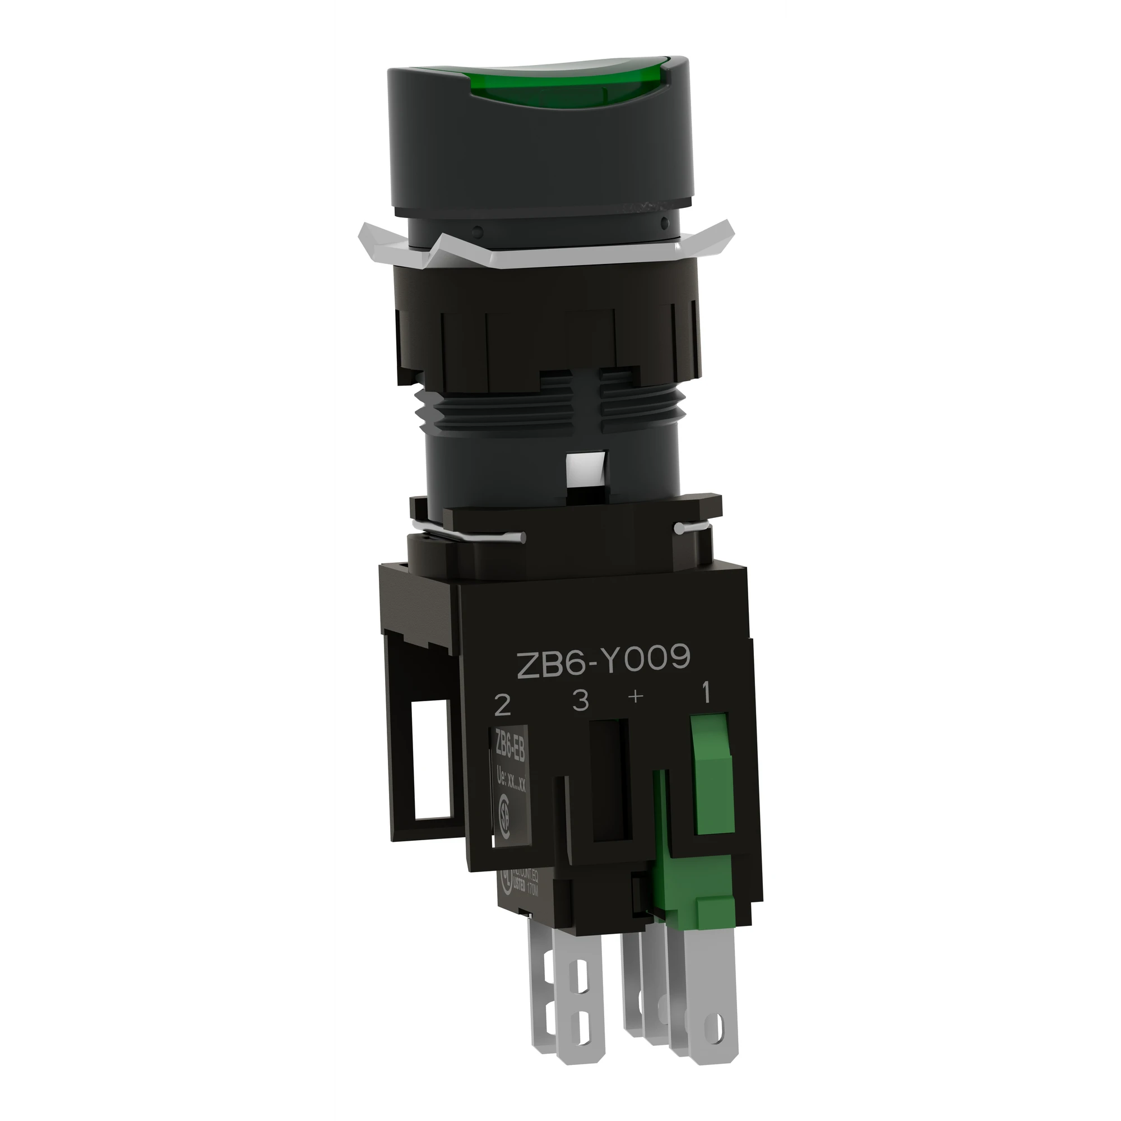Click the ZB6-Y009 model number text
click(604, 660)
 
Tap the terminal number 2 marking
click(502, 706)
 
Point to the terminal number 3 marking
click(580, 701)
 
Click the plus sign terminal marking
click(636, 697)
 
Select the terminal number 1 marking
click(706, 694)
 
